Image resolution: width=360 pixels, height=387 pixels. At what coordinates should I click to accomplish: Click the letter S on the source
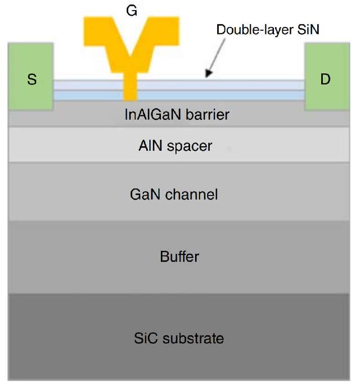click(x=31, y=79)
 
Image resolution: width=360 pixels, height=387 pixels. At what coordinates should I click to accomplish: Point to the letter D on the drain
click(x=325, y=79)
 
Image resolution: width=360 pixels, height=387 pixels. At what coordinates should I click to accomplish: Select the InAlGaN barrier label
click(x=177, y=115)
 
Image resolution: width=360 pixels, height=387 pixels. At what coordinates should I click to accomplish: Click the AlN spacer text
click(x=175, y=146)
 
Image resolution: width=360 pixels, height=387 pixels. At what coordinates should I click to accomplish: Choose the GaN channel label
click(x=174, y=195)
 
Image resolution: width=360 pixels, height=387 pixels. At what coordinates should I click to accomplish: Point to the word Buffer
click(x=179, y=257)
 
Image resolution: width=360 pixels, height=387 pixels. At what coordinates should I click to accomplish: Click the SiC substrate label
click(x=179, y=338)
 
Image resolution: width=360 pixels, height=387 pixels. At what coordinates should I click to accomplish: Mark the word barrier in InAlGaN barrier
click(x=209, y=115)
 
